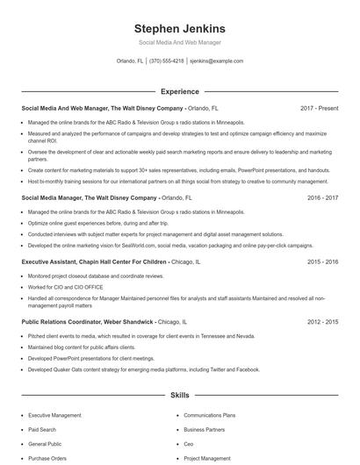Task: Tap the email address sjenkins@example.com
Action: (x=217, y=61)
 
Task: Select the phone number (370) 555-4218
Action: (x=167, y=61)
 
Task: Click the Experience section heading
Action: (x=179, y=91)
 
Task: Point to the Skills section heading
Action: (x=179, y=396)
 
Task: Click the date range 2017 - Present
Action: (x=319, y=108)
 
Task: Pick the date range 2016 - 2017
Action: (x=322, y=198)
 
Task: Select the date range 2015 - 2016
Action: (x=322, y=261)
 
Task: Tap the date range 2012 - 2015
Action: (x=322, y=322)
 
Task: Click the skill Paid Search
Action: (x=43, y=429)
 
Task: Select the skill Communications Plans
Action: (x=210, y=414)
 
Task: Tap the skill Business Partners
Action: (x=205, y=429)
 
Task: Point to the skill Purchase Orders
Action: (x=47, y=459)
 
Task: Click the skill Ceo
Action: (x=189, y=444)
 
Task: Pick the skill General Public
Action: (x=45, y=444)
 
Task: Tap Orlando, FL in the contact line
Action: (x=131, y=61)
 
